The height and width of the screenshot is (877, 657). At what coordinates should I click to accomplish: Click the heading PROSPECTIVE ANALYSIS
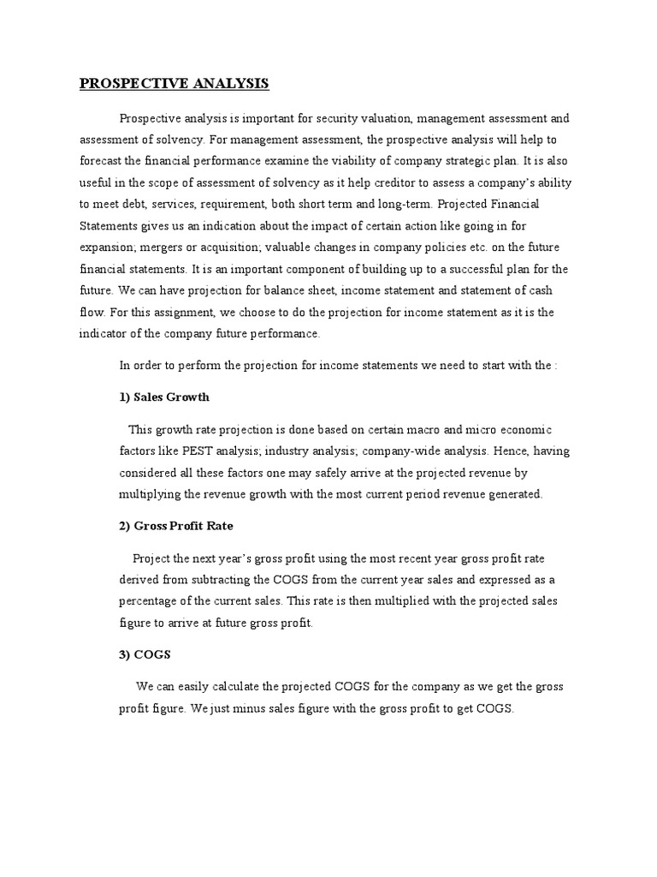point(175,83)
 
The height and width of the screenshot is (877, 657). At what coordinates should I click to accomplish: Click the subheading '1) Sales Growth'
point(164,397)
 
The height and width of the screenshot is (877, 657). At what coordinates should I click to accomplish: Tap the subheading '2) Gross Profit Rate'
point(176,526)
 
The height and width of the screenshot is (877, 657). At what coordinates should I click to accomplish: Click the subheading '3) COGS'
point(145,654)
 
